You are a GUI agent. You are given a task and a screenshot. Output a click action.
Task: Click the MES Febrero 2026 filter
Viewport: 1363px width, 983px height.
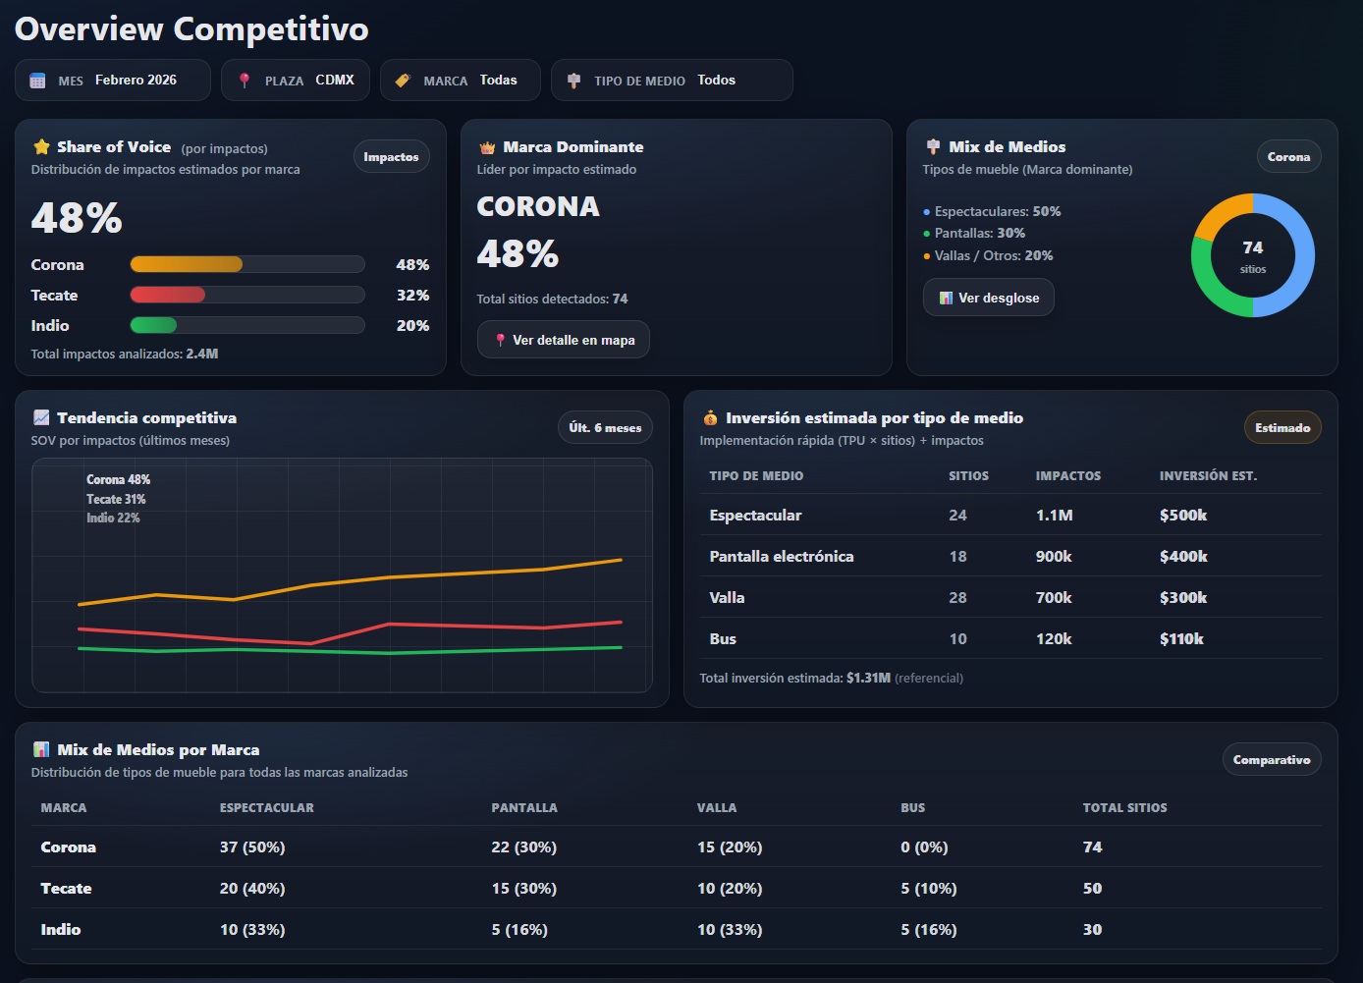tap(112, 81)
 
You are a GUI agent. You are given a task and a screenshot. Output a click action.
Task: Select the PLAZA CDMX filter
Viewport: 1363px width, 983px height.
tap(295, 81)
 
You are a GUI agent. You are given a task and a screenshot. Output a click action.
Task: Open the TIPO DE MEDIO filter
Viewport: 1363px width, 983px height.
tap(671, 81)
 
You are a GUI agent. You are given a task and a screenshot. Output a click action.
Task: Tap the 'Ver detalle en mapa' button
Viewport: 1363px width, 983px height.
tap(563, 340)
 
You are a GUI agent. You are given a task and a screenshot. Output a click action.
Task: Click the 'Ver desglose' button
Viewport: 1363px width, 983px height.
tap(988, 298)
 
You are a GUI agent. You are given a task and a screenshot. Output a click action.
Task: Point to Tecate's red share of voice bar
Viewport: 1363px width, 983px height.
tap(168, 295)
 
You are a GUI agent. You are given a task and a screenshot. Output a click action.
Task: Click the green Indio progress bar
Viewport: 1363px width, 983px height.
tap(154, 325)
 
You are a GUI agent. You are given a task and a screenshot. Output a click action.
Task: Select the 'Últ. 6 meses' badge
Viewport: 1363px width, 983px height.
tap(605, 427)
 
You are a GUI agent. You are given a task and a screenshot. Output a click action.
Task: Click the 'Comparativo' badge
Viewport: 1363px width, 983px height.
tap(1271, 760)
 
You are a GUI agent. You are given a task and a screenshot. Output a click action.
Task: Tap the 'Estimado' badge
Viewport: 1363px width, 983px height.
tap(1281, 428)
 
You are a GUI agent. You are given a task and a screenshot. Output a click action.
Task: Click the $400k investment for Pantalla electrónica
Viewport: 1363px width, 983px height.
tap(1182, 557)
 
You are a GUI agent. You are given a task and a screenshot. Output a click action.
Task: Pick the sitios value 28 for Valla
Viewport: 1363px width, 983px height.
tap(957, 598)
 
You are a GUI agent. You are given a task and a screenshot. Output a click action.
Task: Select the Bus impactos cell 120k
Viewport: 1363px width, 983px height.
tap(1053, 639)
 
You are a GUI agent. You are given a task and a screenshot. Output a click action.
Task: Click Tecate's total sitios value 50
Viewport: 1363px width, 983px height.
tap(1092, 889)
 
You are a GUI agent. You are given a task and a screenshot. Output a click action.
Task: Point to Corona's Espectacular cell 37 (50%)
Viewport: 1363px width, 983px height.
tap(252, 847)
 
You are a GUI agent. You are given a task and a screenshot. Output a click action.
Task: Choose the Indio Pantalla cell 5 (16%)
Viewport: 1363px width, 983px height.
tap(519, 930)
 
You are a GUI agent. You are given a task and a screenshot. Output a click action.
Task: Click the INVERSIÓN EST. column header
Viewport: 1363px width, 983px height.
tap(1208, 476)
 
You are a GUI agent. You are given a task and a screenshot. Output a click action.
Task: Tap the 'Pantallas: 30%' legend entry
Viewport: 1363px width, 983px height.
tap(979, 234)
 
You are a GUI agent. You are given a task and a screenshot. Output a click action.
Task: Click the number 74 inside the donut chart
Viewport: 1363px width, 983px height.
tap(1252, 248)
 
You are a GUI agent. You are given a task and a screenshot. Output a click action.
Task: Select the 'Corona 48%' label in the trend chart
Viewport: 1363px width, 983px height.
tap(118, 480)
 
